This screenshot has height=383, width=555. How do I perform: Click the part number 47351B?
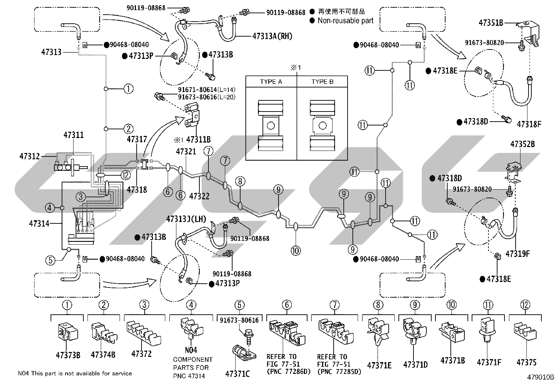point(491,23)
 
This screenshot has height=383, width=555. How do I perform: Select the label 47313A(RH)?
point(272,36)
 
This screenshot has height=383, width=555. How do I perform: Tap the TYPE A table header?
point(271,82)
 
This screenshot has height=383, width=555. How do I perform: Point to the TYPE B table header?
point(322,82)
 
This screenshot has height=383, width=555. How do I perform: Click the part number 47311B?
point(198,140)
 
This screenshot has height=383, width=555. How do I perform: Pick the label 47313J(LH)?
point(186,219)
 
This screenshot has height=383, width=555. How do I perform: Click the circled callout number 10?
point(296,251)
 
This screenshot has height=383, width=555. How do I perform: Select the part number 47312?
point(30,156)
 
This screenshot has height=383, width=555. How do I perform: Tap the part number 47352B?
point(523,144)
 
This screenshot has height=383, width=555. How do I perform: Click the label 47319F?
point(518,254)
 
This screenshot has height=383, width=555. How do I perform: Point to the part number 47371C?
point(237,374)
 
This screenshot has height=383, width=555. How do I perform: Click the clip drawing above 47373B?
point(68,332)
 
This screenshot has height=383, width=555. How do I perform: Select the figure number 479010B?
point(540,377)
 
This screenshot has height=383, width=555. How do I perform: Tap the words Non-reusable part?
point(345,21)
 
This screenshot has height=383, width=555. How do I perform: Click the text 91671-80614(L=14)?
point(207,90)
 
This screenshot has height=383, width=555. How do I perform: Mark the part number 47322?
point(199,197)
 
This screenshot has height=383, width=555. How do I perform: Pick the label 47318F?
point(529,124)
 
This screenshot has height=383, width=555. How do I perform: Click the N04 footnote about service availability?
point(75,373)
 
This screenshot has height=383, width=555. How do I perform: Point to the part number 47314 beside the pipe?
point(39,224)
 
